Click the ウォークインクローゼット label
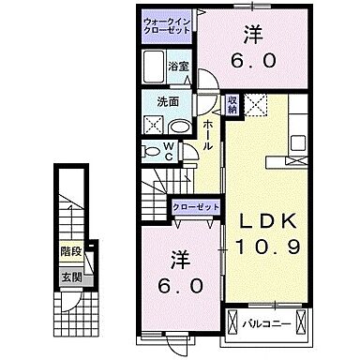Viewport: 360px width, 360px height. click(167, 25)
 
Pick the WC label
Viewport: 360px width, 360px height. click(170, 149)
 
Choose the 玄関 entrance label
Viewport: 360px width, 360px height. click(71, 277)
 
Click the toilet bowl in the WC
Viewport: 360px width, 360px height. click(152, 150)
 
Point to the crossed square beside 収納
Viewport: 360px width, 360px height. click(255, 105)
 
